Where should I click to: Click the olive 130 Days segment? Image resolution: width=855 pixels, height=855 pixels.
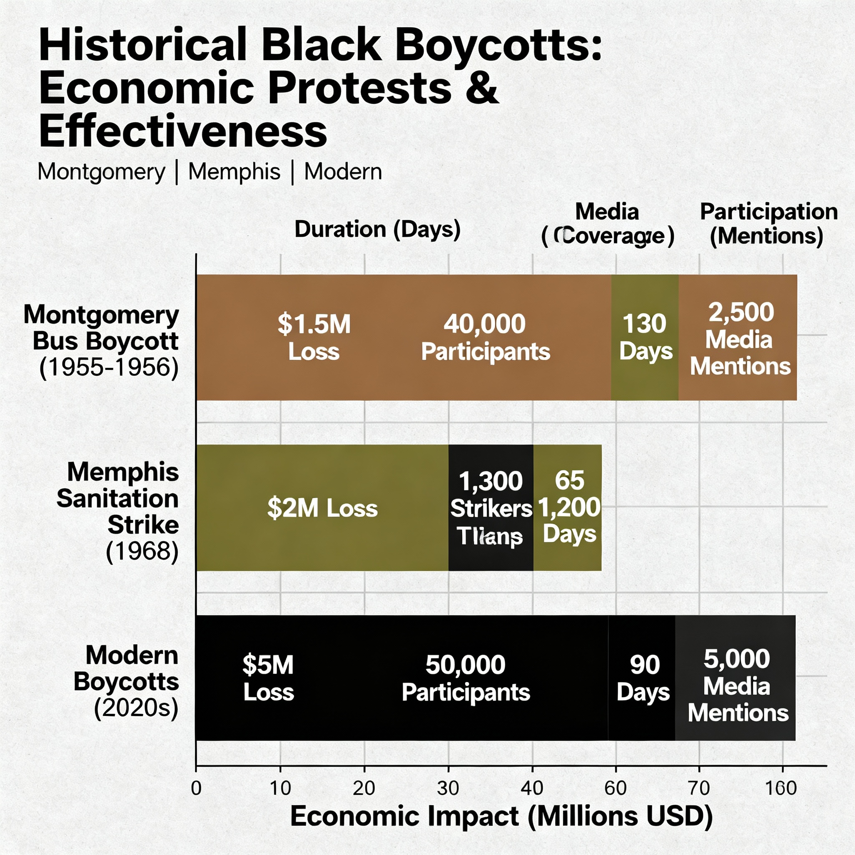(x=645, y=337)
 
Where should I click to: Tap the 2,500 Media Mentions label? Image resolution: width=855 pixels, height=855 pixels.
(x=740, y=339)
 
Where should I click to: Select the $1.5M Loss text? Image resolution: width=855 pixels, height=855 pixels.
(x=314, y=337)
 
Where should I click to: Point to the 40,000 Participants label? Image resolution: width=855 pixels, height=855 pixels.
(x=485, y=337)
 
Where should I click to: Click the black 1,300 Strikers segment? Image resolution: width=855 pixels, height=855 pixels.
(x=491, y=508)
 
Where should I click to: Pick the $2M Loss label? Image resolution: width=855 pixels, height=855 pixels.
(x=322, y=508)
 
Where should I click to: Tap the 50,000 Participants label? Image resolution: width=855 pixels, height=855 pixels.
(x=465, y=678)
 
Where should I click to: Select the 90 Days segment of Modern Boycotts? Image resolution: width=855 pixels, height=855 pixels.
(x=643, y=678)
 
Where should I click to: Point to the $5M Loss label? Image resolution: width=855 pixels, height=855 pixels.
(x=268, y=678)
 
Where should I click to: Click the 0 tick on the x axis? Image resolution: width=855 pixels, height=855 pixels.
(x=196, y=788)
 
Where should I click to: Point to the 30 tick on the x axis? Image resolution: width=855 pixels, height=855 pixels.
(x=448, y=788)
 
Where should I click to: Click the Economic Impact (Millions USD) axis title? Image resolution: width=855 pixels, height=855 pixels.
(x=501, y=816)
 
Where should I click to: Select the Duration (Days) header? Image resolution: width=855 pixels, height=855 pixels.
(x=377, y=229)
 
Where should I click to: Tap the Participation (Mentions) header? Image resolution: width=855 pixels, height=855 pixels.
(x=768, y=223)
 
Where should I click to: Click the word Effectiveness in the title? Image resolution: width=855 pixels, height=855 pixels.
(x=183, y=131)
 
